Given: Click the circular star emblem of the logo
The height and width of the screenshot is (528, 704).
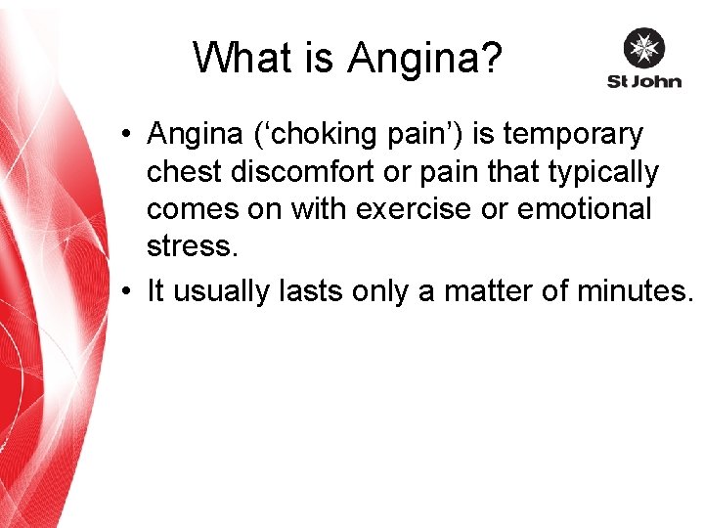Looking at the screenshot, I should (643, 48).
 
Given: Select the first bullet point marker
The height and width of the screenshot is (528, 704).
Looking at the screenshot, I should (128, 135).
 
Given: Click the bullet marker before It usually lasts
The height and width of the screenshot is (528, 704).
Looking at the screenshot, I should (128, 290).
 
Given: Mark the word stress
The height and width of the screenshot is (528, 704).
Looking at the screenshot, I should (192, 246).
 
